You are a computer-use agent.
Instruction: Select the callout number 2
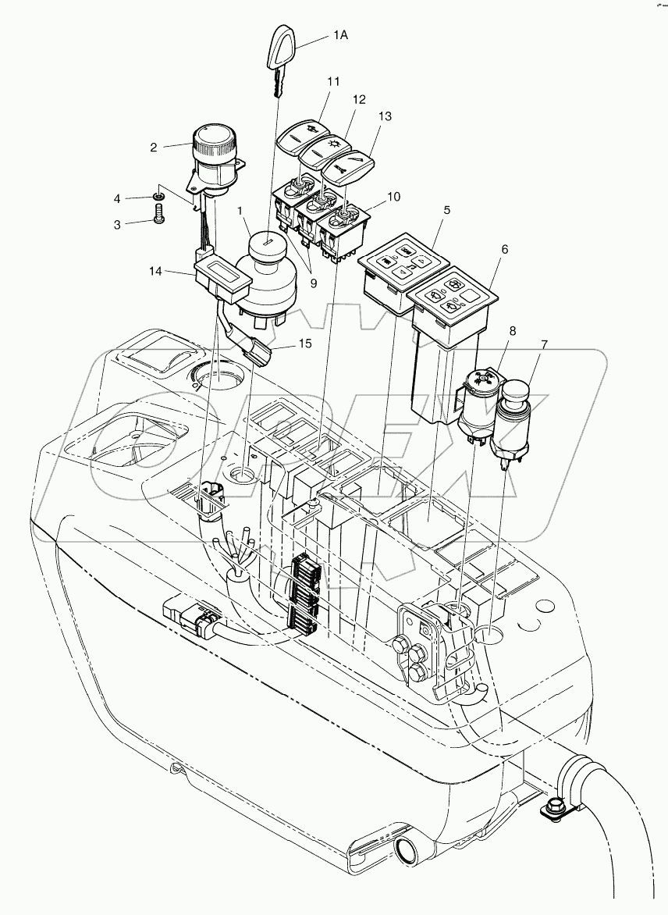(154, 146)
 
